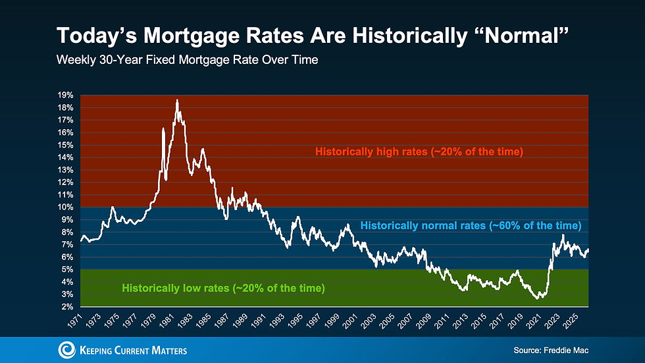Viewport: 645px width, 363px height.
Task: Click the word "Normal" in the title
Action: [522, 36]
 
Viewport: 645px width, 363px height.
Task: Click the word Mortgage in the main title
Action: [192, 36]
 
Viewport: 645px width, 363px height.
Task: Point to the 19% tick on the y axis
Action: [65, 95]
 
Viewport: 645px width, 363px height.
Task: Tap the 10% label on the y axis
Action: [65, 207]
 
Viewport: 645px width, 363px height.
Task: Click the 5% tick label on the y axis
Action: [67, 269]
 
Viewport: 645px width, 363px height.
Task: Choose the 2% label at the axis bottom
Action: [67, 306]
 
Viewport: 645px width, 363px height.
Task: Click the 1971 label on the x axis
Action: [74, 321]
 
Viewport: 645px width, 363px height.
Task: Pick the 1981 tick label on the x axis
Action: [167, 321]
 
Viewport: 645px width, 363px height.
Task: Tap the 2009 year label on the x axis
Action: [423, 321]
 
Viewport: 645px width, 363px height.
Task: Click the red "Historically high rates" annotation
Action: [419, 152]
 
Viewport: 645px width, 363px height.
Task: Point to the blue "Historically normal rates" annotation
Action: [471, 225]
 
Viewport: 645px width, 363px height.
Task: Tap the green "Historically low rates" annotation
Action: [223, 288]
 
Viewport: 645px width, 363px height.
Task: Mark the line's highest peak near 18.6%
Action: [177, 100]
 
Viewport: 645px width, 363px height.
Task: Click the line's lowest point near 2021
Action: [537, 298]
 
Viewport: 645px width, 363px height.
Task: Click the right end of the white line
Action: [588, 250]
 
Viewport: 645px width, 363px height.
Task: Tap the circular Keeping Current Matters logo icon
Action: [66, 350]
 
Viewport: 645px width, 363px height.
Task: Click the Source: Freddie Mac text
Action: [551, 350]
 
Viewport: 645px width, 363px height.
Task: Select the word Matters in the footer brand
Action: [169, 350]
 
